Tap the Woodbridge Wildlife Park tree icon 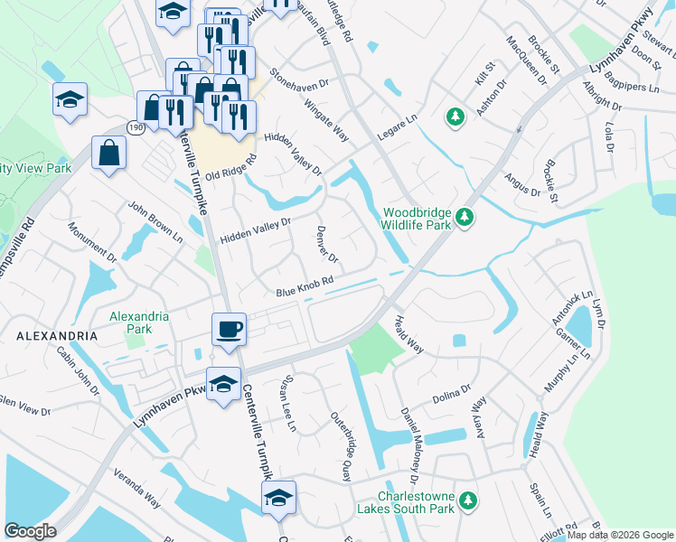pos(465,217)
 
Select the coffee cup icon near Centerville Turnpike pos(229,328)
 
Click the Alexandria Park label pos(138,322)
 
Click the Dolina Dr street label pos(452,395)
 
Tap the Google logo pos(30,531)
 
